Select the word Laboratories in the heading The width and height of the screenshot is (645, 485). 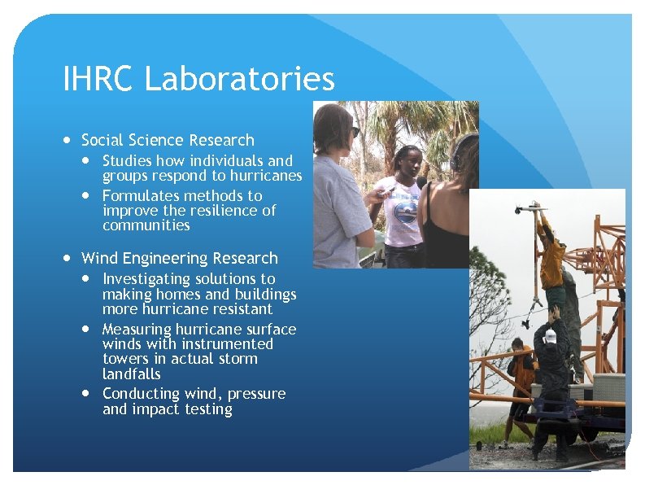240,80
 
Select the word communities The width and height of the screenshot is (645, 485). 146,225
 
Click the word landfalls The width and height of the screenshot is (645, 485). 131,374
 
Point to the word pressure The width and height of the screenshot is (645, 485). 256,395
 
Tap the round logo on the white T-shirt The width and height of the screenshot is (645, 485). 404,211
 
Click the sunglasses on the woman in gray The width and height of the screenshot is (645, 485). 355,131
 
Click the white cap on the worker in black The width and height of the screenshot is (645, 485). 550,335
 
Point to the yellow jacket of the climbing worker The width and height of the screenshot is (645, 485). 553,260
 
